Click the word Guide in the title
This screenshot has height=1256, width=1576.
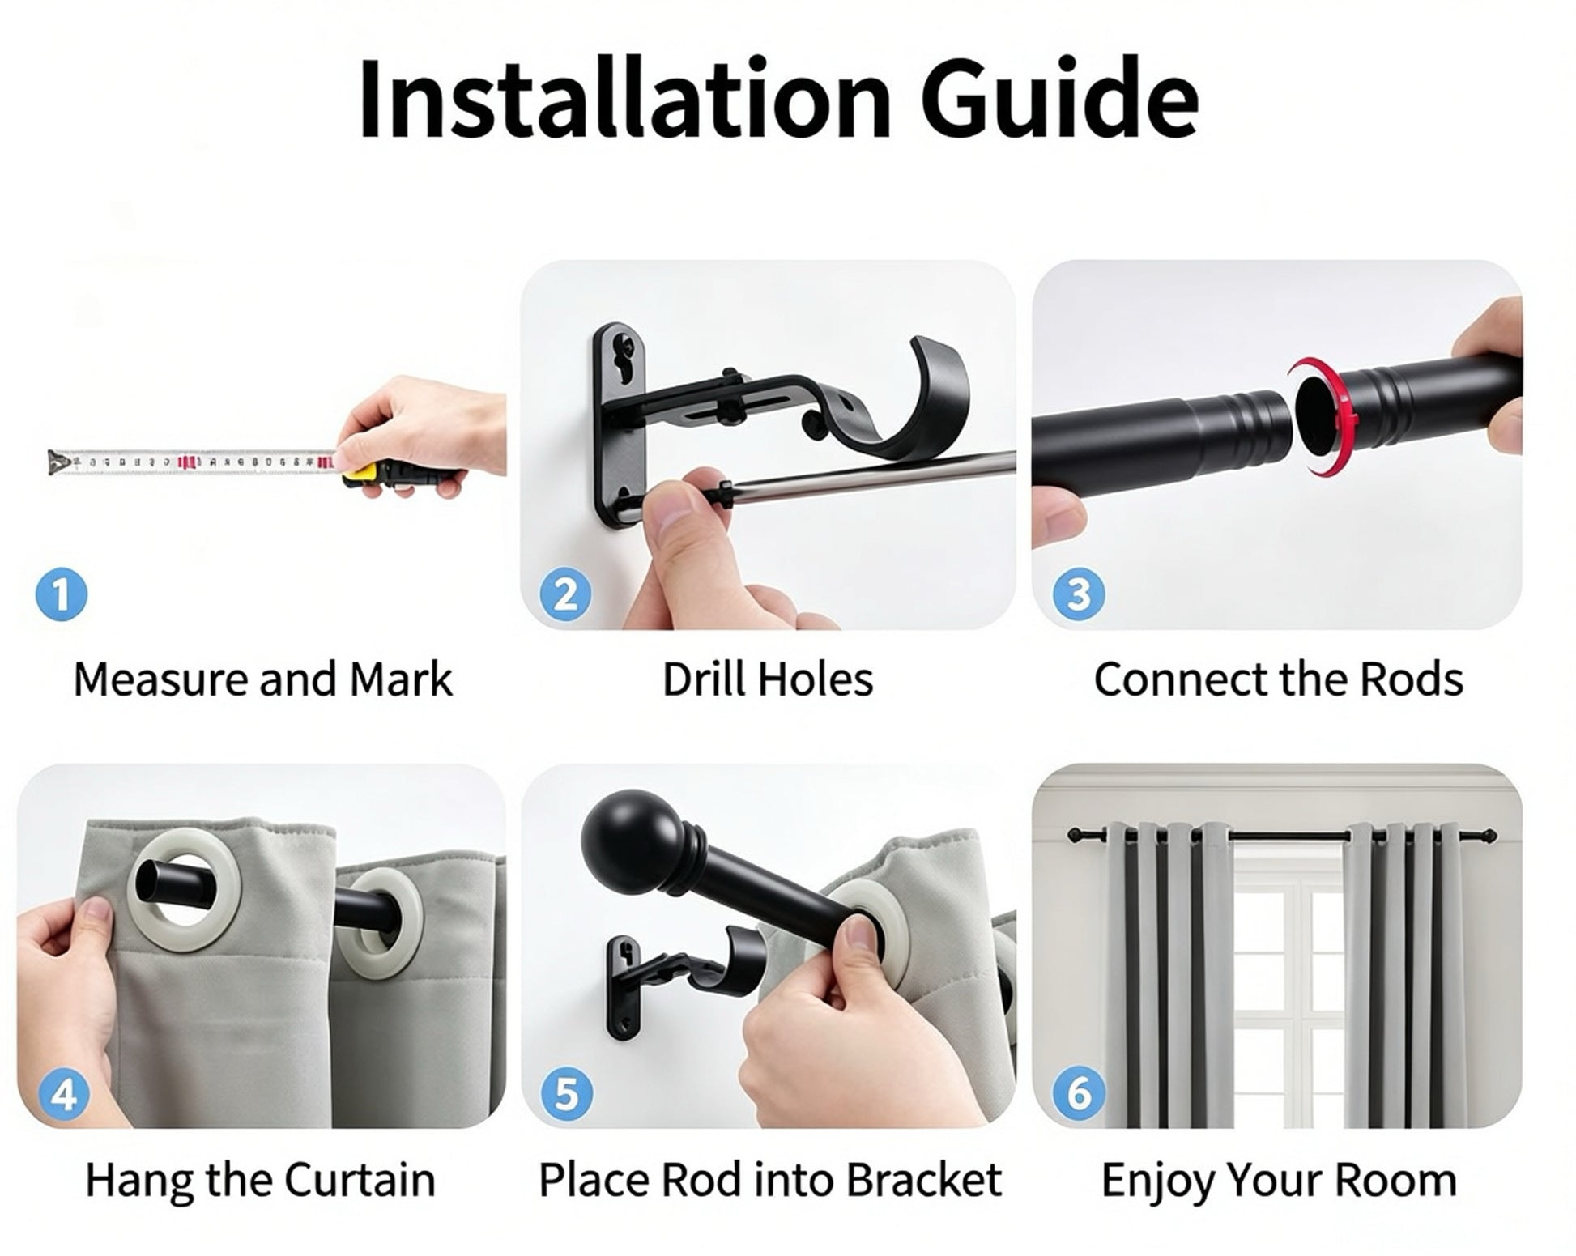click(1059, 99)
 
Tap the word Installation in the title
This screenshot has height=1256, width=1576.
click(624, 99)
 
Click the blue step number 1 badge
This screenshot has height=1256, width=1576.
click(62, 595)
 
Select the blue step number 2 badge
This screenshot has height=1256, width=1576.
click(566, 595)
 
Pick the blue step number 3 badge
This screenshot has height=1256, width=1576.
click(1079, 595)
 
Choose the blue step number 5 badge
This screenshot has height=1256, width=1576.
click(566, 1095)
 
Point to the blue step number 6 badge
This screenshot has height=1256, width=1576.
click(1080, 1093)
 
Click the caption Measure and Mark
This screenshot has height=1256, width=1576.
click(263, 679)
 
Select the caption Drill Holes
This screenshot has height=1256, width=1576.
click(768, 679)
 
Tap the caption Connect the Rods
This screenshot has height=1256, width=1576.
click(1279, 679)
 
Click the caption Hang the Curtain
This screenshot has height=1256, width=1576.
click(261, 1181)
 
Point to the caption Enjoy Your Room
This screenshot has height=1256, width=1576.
click(1279, 1181)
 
